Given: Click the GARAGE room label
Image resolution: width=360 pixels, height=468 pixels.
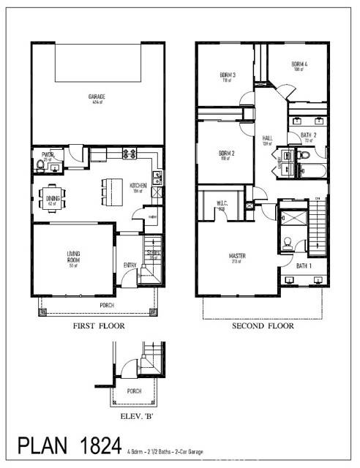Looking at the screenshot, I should pos(97,96).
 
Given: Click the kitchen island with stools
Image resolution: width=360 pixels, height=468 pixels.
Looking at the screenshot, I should pos(109,192).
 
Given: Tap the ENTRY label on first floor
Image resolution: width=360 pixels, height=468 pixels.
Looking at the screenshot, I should pos(130,265).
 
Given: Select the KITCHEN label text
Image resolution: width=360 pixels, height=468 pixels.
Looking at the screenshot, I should pos(138,186).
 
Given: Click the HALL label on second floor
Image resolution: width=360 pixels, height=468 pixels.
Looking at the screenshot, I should pos(267,139).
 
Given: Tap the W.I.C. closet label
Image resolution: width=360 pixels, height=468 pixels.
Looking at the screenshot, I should pos(221,204).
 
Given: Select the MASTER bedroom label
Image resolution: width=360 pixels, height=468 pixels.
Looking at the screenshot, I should pos(236,256).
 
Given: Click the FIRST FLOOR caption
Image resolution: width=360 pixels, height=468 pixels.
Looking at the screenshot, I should pos(99,326).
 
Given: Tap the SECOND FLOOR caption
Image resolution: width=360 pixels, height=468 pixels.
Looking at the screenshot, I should pos(263,326).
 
